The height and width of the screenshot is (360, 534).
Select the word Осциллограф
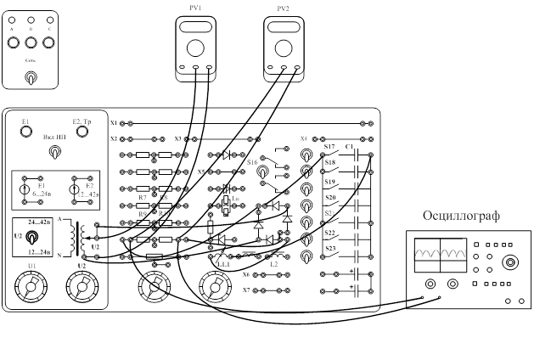tap(460, 217)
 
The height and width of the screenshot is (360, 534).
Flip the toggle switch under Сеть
tap(31, 77)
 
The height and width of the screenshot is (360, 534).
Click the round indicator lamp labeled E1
tap(26, 131)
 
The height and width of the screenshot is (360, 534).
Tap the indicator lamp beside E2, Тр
tap(82, 131)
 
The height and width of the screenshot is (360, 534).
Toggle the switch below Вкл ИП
tap(54, 153)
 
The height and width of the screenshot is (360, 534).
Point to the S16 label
tap(251, 160)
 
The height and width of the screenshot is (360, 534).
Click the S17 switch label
tap(330, 147)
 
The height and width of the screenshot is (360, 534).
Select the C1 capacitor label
tap(350, 147)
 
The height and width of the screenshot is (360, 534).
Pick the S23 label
tap(330, 249)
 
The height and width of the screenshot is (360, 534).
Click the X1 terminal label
tap(114, 123)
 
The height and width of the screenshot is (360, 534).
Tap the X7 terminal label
tap(246, 290)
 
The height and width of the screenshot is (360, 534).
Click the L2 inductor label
tap(273, 264)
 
